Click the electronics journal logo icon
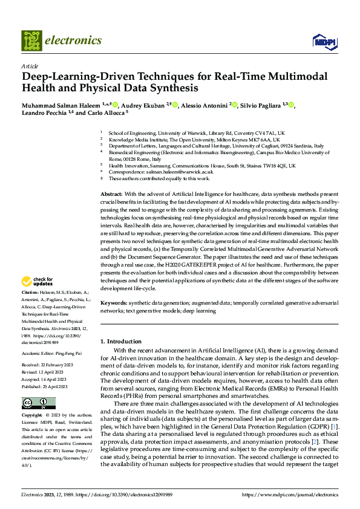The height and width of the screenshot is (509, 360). tap(31, 41)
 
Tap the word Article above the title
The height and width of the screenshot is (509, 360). tap(30, 66)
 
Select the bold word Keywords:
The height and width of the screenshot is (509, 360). tap(115, 302)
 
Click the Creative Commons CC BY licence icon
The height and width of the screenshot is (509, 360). tap(38, 403)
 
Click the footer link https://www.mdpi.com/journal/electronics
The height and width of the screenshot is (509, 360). tap(290, 494)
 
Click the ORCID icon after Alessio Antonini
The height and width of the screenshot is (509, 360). tap(234, 106)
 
